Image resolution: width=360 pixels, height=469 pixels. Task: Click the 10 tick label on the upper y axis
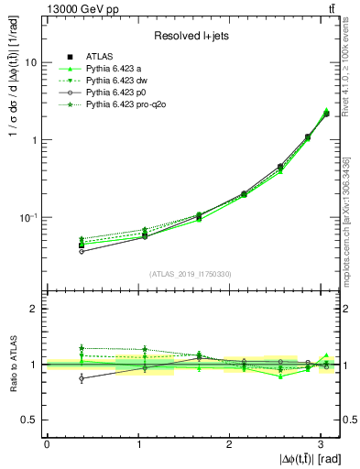point(31,62)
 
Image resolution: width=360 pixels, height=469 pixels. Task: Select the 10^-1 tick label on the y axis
point(28,217)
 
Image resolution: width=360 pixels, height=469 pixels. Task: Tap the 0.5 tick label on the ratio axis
point(30,420)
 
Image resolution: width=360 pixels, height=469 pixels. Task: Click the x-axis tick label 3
point(322,444)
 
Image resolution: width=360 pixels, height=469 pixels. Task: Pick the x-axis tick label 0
point(47,444)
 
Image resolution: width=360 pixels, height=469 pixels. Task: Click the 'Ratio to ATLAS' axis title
point(11,364)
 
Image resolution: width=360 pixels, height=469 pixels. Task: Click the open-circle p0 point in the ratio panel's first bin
point(82,377)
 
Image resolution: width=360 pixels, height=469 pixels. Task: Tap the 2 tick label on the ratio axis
point(33,309)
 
